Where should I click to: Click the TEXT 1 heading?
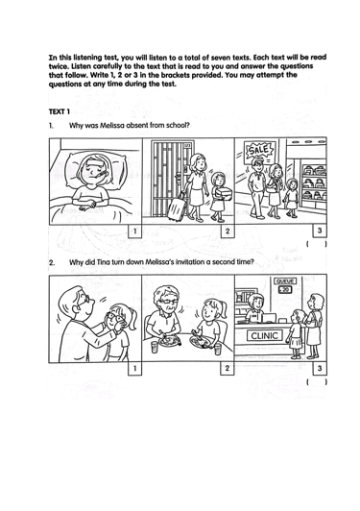(x=59, y=111)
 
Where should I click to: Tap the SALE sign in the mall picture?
(x=259, y=151)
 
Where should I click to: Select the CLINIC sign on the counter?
(x=265, y=335)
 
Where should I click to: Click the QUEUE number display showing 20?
(x=285, y=290)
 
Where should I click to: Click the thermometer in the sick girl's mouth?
(x=100, y=176)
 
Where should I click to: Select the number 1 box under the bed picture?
(x=134, y=231)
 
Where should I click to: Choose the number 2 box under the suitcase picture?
(x=228, y=231)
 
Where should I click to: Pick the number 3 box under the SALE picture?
(x=320, y=231)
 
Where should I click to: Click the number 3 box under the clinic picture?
(x=320, y=369)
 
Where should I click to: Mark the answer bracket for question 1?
(x=317, y=244)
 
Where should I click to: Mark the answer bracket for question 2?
(x=317, y=382)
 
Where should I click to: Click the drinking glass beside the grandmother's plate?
(x=155, y=347)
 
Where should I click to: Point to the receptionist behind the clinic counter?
(x=255, y=308)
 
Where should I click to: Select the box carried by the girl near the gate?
(x=224, y=194)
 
